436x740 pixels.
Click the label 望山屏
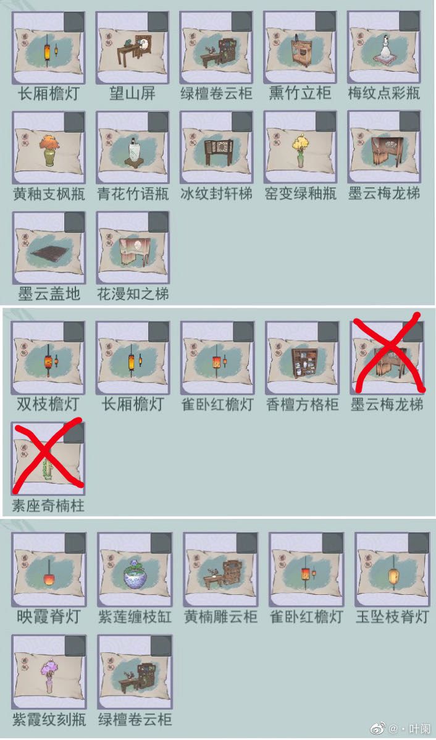pyautogui.click(x=132, y=93)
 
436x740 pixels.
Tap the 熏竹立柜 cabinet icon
pyautogui.click(x=300, y=51)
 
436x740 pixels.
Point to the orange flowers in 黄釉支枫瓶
pyautogui.click(x=49, y=143)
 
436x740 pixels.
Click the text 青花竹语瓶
pyautogui.click(x=133, y=193)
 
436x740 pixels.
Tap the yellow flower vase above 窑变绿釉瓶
pyautogui.click(x=300, y=150)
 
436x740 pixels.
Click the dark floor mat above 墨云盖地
pyautogui.click(x=49, y=255)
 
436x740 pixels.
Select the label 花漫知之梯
pyautogui.click(x=133, y=294)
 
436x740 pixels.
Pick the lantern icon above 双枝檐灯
pyautogui.click(x=49, y=361)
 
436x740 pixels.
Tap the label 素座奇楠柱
pyautogui.click(x=48, y=505)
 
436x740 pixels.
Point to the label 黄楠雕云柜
pyautogui.click(x=220, y=616)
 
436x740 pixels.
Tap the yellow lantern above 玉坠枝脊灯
pyautogui.click(x=393, y=573)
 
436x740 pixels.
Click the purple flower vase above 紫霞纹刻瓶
pyautogui.click(x=49, y=675)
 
